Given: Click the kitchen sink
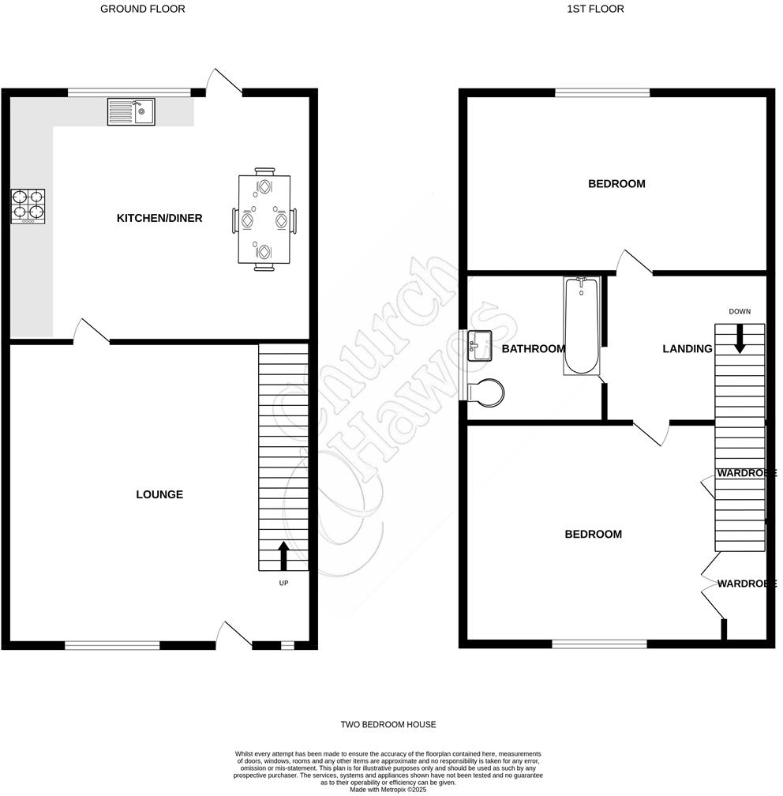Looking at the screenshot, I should coord(131,112).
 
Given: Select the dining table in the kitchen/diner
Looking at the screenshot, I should coord(264,219).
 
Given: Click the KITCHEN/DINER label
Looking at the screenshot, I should coord(159,218).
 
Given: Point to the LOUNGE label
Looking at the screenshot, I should coord(159,494).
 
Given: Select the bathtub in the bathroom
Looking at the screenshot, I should coord(583,325).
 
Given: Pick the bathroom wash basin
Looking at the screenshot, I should coord(480,346).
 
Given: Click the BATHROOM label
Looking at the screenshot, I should coord(534,349).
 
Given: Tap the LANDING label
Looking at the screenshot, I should coord(687,349).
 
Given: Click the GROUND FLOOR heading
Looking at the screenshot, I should coord(143,9).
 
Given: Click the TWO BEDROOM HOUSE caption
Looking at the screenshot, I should coord(388,724).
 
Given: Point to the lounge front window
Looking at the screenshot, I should coord(112,645).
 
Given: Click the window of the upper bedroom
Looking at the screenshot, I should coord(602,92).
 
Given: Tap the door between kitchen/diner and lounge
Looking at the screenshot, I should coord(92,332).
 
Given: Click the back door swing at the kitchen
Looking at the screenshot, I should coord(226,81).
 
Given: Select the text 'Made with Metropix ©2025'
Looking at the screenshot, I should coord(388,789).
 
